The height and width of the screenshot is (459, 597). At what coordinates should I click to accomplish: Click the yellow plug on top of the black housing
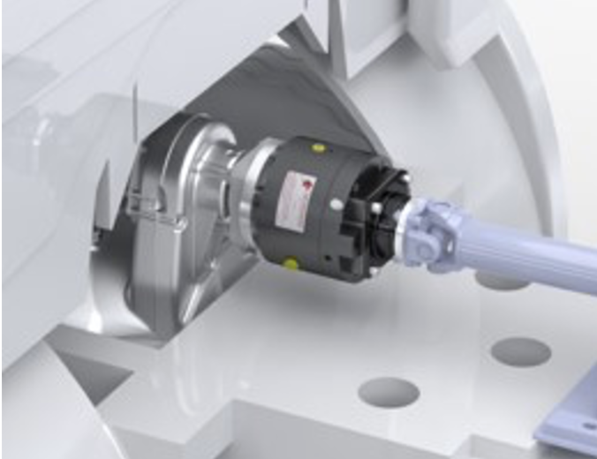[x=318, y=148]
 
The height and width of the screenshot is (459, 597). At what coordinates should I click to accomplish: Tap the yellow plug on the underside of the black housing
[x=290, y=263]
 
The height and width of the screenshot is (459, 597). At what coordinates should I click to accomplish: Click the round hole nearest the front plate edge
[x=389, y=392]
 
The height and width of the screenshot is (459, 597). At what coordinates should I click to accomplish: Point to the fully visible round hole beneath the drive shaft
[x=520, y=351]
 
